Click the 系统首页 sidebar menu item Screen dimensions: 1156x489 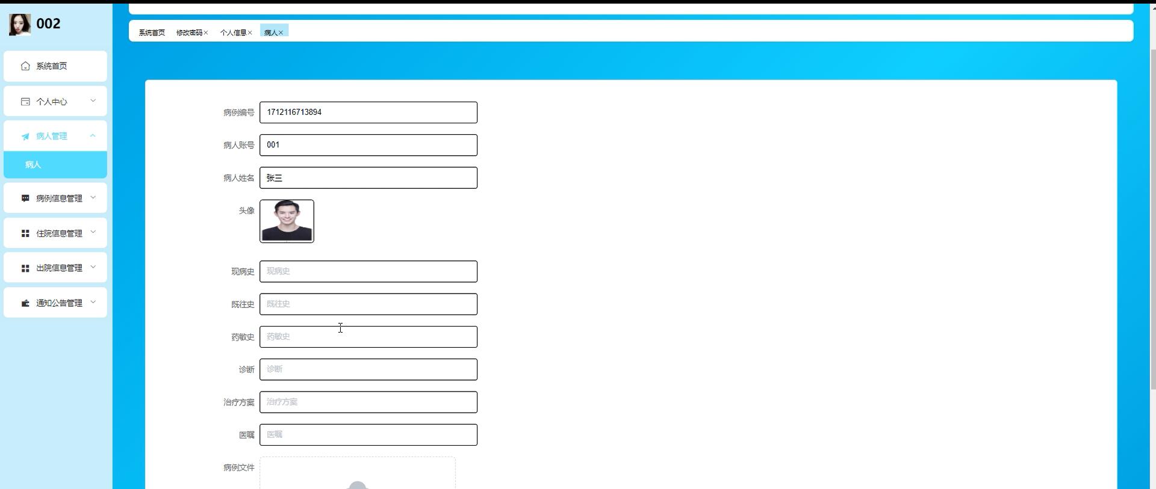[55, 66]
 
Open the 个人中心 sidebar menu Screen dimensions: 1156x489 [55, 101]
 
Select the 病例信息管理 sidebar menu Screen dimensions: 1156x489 [55, 198]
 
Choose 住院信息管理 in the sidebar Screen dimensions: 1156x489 [55, 233]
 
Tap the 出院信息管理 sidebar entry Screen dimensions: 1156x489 [55, 268]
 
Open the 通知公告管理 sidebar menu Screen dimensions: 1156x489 [55, 303]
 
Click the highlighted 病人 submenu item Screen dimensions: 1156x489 [55, 165]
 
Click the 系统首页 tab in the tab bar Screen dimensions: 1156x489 [152, 32]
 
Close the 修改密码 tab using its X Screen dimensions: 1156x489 [206, 32]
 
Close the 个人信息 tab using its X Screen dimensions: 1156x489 [250, 32]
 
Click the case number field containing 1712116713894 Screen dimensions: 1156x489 [368, 112]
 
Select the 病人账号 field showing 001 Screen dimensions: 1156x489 [368, 145]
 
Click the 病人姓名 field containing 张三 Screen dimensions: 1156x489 [368, 178]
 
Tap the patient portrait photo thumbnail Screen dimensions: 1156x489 [287, 221]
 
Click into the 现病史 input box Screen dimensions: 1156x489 [368, 271]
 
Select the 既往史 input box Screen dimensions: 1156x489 [368, 304]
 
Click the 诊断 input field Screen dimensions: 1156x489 [368, 369]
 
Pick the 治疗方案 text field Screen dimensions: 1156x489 [368, 402]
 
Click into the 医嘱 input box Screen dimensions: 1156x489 [368, 435]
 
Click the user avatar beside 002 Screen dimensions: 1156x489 [20, 24]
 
